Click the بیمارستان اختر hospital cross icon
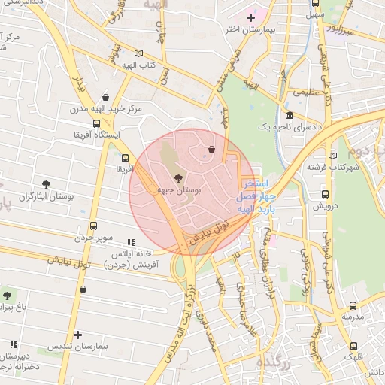pyautogui.click(x=250, y=17)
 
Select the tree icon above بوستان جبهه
pyautogui.click(x=177, y=178)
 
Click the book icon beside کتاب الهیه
pyautogui.click(x=138, y=53)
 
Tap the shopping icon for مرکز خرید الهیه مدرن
pyautogui.click(x=105, y=97)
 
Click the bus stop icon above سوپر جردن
pyautogui.click(x=93, y=225)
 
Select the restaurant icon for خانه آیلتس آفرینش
pyautogui.click(x=132, y=243)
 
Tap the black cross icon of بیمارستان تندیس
pyautogui.click(x=78, y=335)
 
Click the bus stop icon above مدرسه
pyautogui.click(x=353, y=305)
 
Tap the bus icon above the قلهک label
pyautogui.click(x=353, y=346)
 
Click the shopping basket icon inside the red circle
pyautogui.click(x=211, y=149)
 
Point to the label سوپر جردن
pyautogui.click(x=93, y=238)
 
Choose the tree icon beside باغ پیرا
pyautogui.click(x=8, y=296)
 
